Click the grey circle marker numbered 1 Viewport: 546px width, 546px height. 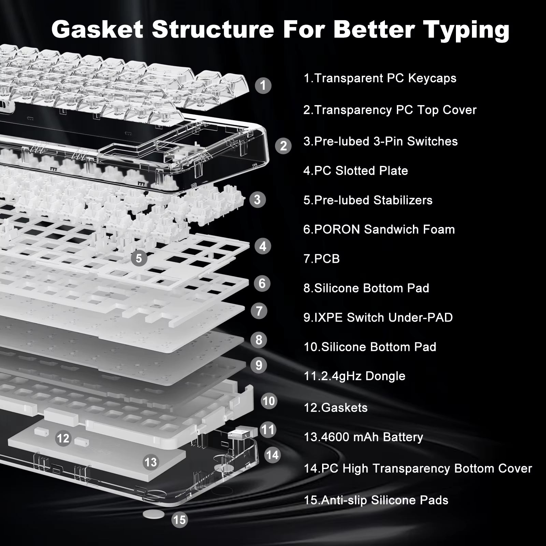263,85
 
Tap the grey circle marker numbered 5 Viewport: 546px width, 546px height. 139,258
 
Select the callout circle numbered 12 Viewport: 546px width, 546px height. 63,438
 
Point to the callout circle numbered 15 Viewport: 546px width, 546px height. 179,520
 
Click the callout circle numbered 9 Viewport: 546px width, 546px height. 259,365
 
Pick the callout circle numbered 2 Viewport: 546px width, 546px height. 283,146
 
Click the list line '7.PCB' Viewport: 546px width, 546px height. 321,259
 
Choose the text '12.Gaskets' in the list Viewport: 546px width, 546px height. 335,407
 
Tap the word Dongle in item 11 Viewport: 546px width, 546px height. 385,376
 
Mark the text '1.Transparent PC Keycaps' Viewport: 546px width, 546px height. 380,78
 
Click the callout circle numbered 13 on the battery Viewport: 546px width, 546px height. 150,462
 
